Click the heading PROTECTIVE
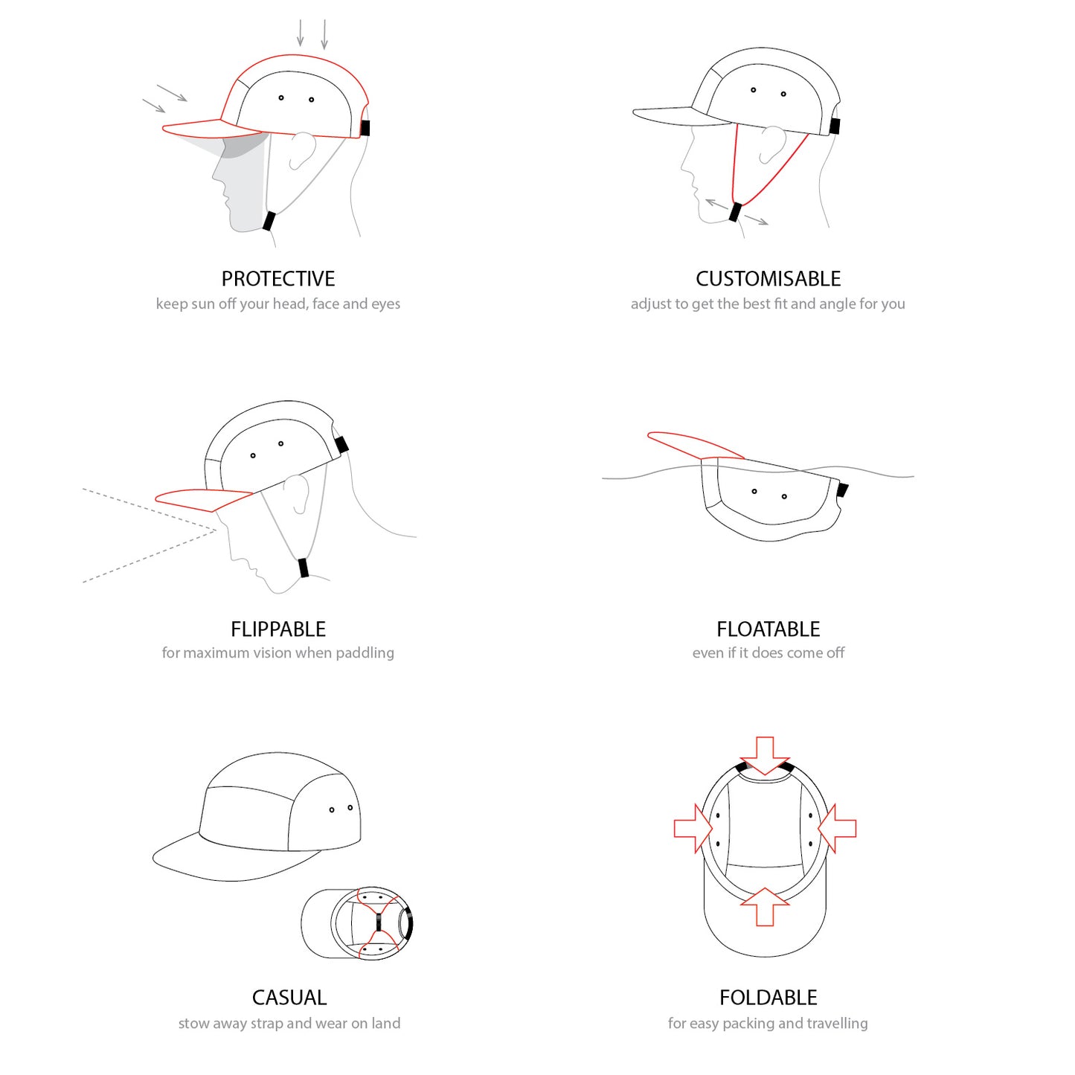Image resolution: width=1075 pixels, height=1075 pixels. click(277, 279)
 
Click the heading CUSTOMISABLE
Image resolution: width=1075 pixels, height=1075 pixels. click(768, 279)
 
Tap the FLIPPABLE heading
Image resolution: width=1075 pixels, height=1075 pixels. click(277, 629)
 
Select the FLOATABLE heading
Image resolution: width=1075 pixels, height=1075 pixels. click(768, 629)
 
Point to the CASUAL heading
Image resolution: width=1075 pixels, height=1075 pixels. click(289, 998)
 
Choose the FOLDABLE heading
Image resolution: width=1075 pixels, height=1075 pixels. click(768, 998)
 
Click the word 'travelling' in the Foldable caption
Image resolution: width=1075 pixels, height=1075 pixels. click(838, 1023)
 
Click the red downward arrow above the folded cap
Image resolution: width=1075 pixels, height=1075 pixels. click(765, 757)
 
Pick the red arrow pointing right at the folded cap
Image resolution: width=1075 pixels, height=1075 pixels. click(694, 829)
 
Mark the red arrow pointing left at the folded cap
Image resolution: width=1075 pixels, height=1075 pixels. click(837, 829)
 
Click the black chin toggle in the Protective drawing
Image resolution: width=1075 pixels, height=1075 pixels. click(269, 221)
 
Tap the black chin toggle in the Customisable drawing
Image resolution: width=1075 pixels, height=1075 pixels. click(735, 212)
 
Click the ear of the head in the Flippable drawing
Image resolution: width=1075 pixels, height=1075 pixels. click(297, 494)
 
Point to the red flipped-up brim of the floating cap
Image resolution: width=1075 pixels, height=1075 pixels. click(695, 445)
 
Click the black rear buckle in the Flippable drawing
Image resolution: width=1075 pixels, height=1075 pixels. click(341, 445)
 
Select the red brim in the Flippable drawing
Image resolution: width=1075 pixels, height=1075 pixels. click(204, 500)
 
